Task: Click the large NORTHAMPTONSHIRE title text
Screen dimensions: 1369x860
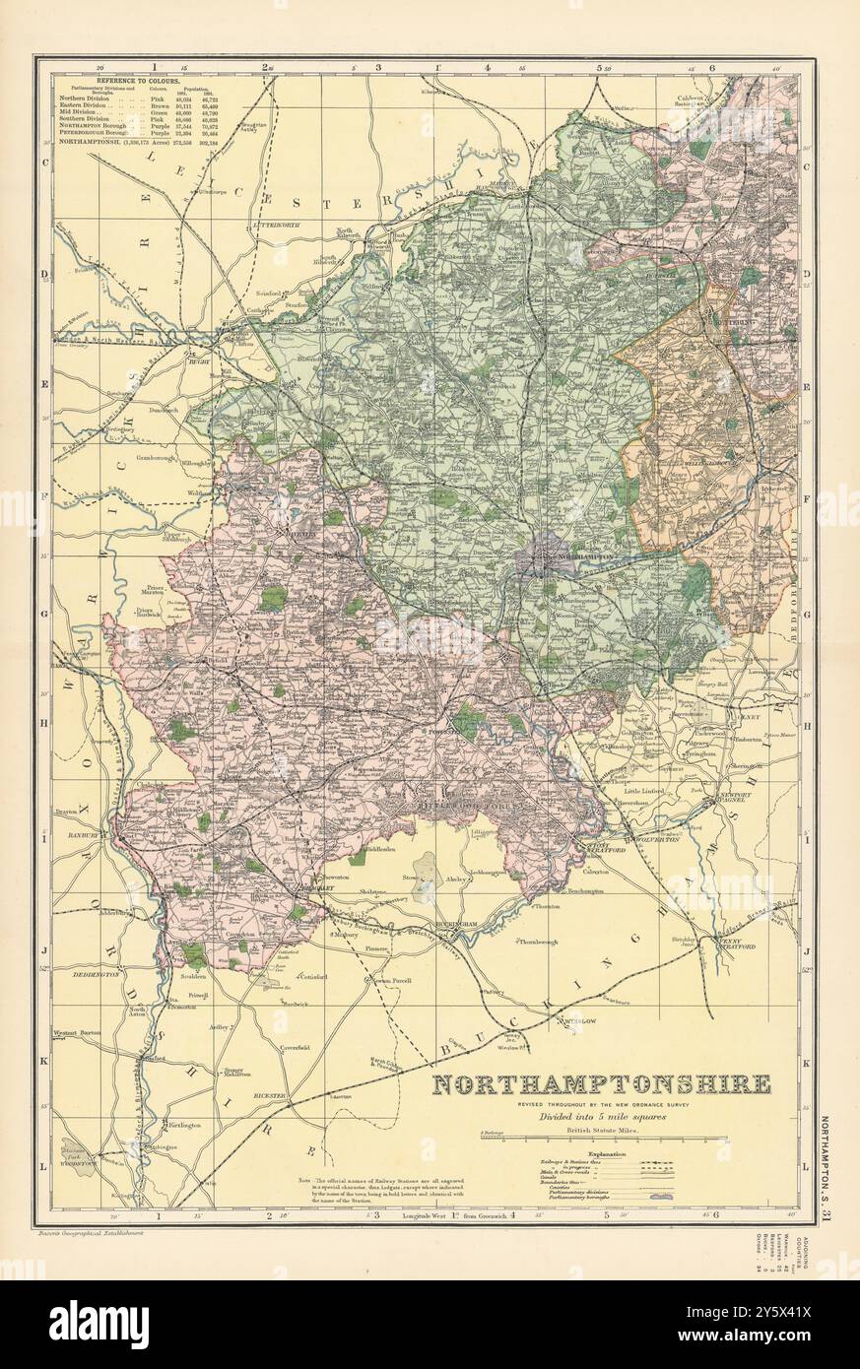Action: point(602,1085)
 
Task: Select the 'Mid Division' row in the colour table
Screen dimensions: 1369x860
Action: point(95,110)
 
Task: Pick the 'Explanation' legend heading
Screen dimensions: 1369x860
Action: point(608,1153)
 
